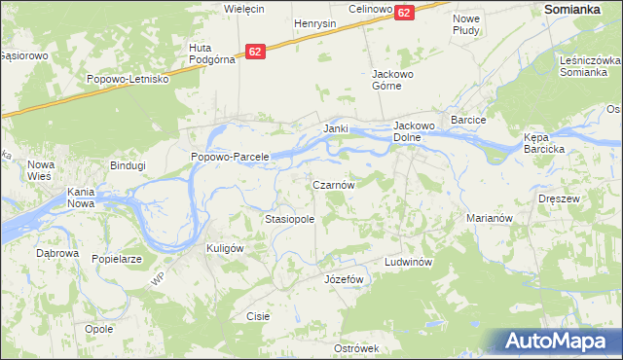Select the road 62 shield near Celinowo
pos(404,12)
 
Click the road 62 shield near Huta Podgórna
pos(255,51)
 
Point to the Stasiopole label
pos(289,220)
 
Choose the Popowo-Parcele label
pos(229,157)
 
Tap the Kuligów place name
pos(224,248)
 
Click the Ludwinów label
pos(407,263)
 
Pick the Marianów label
pos(489,219)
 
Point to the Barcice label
pos(467,120)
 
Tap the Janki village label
pos(336,128)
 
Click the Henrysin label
pos(314,22)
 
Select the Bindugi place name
pos(128,165)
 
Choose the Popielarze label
pos(118,260)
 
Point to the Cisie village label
pos(258,316)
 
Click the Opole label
pos(98,329)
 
